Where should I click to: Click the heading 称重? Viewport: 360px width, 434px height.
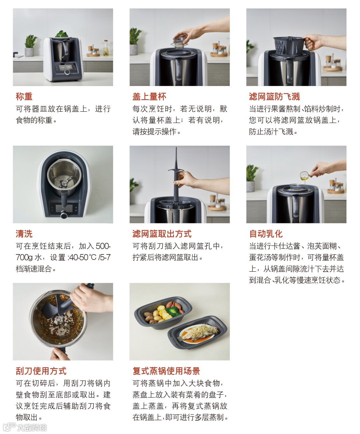24,97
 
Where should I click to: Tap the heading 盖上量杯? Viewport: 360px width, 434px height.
149,97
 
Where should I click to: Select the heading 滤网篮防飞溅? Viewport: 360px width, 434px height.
275,97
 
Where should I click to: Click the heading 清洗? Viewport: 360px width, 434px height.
24,234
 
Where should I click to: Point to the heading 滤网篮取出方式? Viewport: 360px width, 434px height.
162,234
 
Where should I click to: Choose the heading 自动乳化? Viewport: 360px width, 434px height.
266,234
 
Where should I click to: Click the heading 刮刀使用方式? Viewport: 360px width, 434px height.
41,371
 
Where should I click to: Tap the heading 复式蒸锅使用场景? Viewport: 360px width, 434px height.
166,371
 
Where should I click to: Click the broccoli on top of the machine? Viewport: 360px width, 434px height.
62,34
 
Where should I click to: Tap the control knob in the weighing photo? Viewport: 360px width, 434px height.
67,72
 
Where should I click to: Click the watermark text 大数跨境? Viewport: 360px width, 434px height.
32,427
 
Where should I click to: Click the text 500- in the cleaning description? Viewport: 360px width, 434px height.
103,246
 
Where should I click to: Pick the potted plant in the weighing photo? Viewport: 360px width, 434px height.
30,46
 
